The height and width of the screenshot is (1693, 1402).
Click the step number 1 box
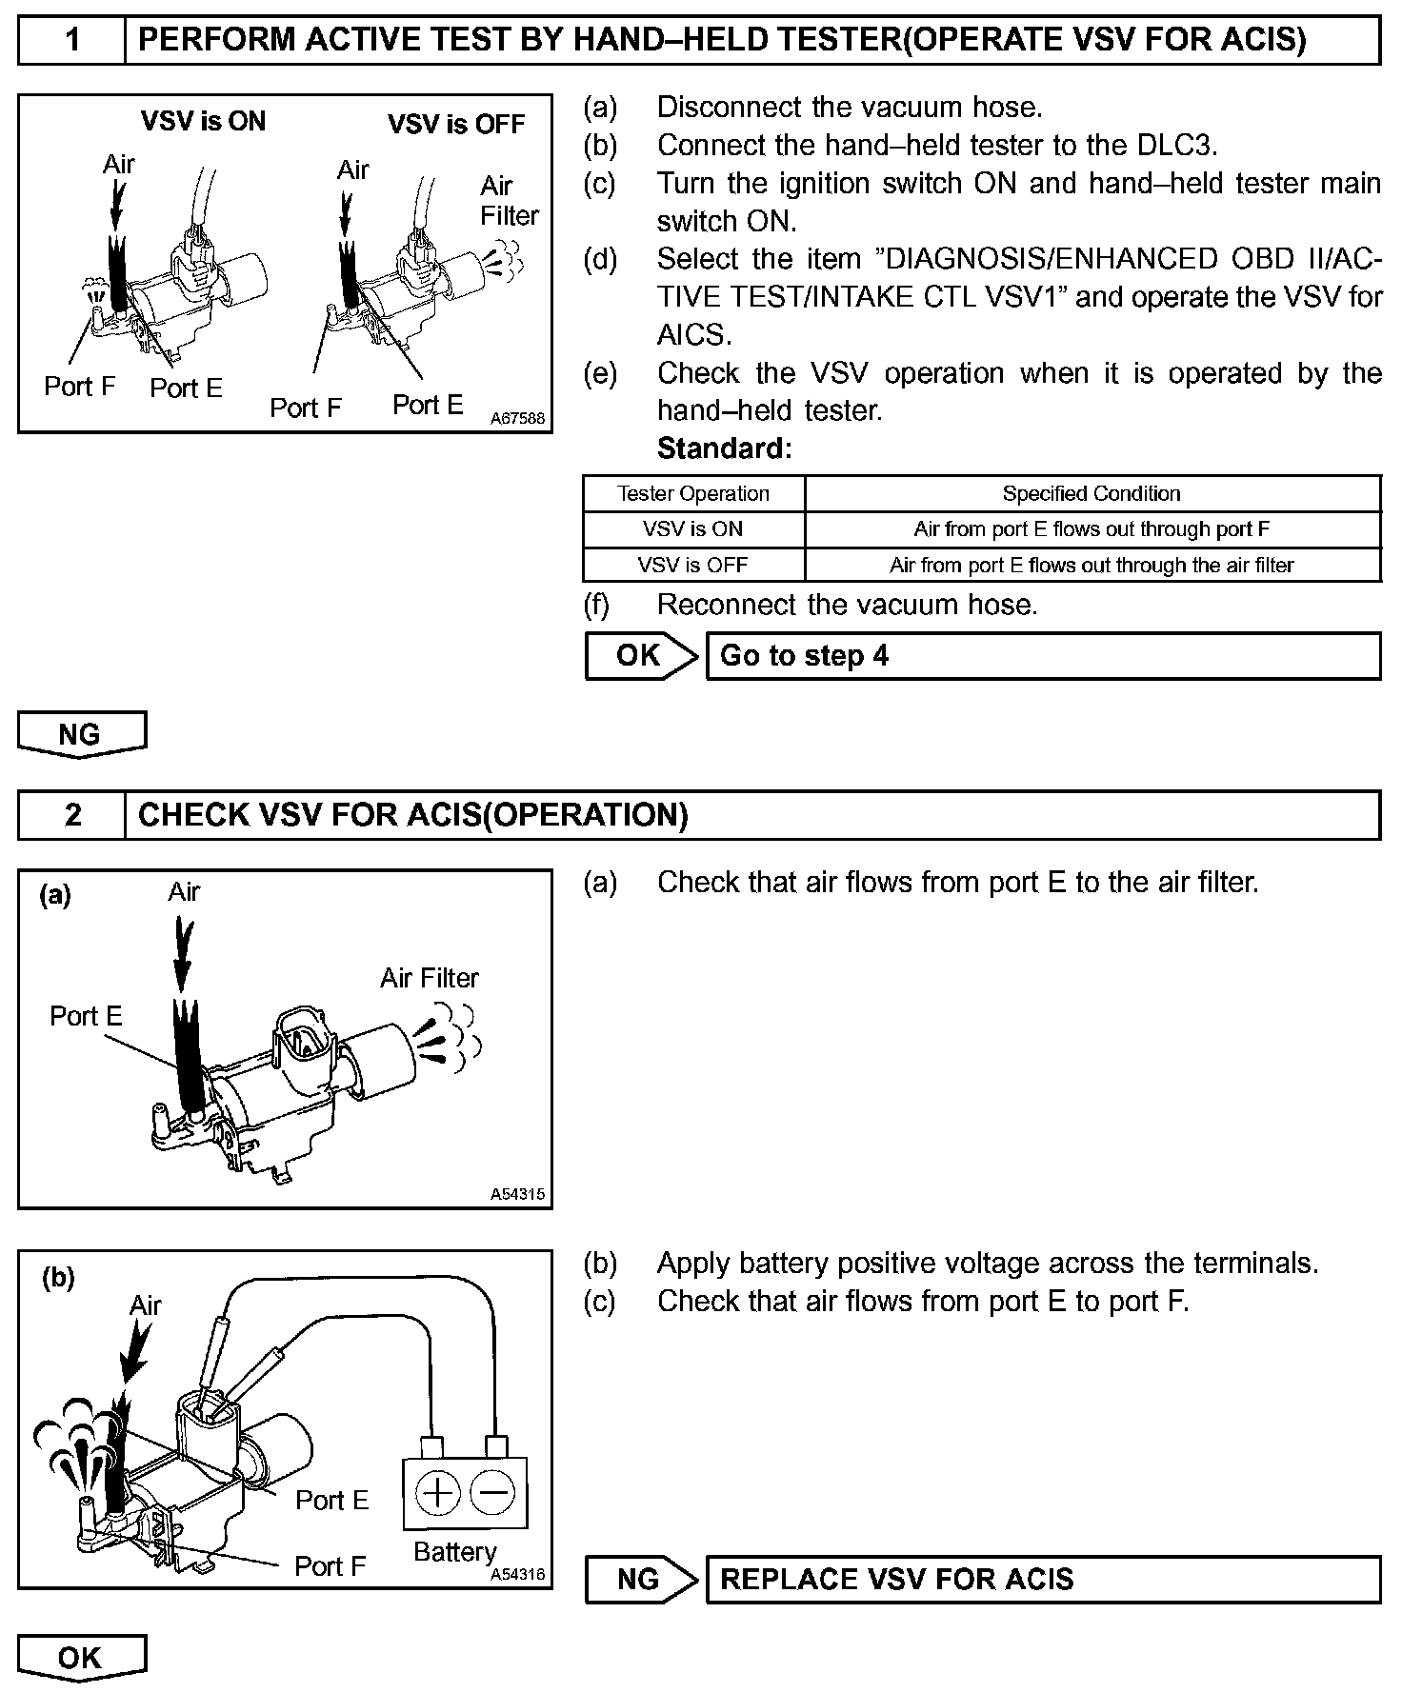pos(71,40)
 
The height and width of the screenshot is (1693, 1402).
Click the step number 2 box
pos(71,815)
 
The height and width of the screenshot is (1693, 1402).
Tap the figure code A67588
pos(518,418)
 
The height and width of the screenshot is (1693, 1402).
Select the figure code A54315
pos(518,1194)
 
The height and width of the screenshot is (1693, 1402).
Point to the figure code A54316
pos(518,1575)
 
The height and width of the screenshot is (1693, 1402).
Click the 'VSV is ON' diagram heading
pos(203,122)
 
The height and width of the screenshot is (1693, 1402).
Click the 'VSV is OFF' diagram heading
pos(456,125)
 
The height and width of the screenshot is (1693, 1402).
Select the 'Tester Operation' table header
pos(693,494)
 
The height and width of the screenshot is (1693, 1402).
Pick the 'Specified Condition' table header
pos(1092,494)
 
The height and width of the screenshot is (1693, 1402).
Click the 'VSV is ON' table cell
pos(693,529)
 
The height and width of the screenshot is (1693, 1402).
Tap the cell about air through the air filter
pos(1092,566)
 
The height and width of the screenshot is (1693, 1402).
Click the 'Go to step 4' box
pos(1043,656)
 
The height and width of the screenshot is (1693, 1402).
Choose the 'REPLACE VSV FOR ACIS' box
pos(1043,1580)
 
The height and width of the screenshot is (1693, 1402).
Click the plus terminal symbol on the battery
pos(437,1492)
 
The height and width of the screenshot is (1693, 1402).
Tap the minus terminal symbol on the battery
pos(493,1492)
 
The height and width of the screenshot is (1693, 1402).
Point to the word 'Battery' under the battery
pos(455,1552)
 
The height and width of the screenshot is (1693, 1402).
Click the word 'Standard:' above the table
pos(725,448)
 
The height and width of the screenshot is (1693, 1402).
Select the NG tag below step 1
pos(80,734)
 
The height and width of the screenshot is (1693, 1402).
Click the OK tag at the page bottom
pos(80,1658)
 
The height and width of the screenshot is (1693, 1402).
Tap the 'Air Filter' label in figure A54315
pos(430,978)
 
